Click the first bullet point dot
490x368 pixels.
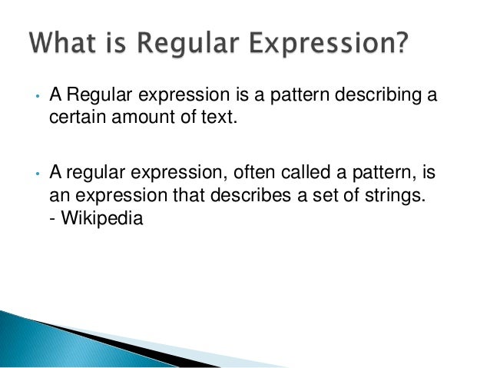click(36, 98)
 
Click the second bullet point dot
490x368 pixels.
click(36, 174)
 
